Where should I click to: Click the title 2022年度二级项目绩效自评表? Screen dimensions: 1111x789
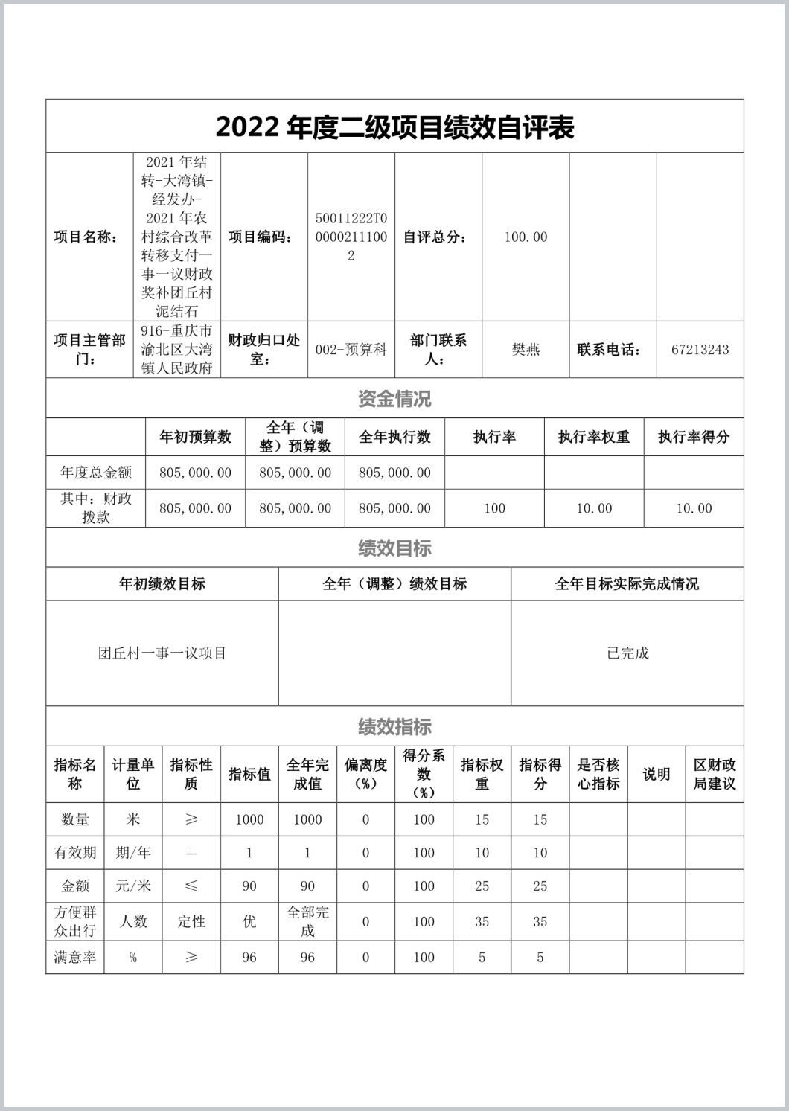(x=394, y=127)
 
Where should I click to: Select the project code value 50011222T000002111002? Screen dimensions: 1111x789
(x=351, y=237)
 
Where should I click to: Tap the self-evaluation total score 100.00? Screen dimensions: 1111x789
(x=526, y=237)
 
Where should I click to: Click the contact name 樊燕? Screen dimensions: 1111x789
(x=526, y=349)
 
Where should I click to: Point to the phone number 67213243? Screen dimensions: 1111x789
(x=700, y=349)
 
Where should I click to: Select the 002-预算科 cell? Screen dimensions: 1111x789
(x=351, y=349)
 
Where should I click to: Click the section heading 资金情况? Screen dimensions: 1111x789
(x=394, y=399)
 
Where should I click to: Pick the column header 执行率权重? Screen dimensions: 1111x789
(x=594, y=437)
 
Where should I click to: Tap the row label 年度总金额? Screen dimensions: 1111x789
(x=96, y=472)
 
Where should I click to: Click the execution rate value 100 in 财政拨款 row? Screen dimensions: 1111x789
(x=494, y=508)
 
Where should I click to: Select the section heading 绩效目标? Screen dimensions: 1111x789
(x=394, y=548)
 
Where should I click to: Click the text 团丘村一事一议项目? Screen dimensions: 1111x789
(x=162, y=653)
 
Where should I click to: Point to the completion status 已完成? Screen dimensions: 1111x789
(x=627, y=653)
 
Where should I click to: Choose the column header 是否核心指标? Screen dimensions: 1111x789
(x=598, y=774)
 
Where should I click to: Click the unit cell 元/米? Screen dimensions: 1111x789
(x=133, y=886)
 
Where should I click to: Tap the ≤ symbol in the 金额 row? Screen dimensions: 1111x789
(x=191, y=886)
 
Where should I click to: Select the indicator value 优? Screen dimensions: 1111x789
(x=249, y=921)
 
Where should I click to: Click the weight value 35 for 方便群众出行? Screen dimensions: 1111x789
(x=482, y=921)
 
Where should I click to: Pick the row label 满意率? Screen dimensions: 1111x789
(x=75, y=957)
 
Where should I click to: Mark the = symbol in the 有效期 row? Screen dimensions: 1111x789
(x=191, y=853)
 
